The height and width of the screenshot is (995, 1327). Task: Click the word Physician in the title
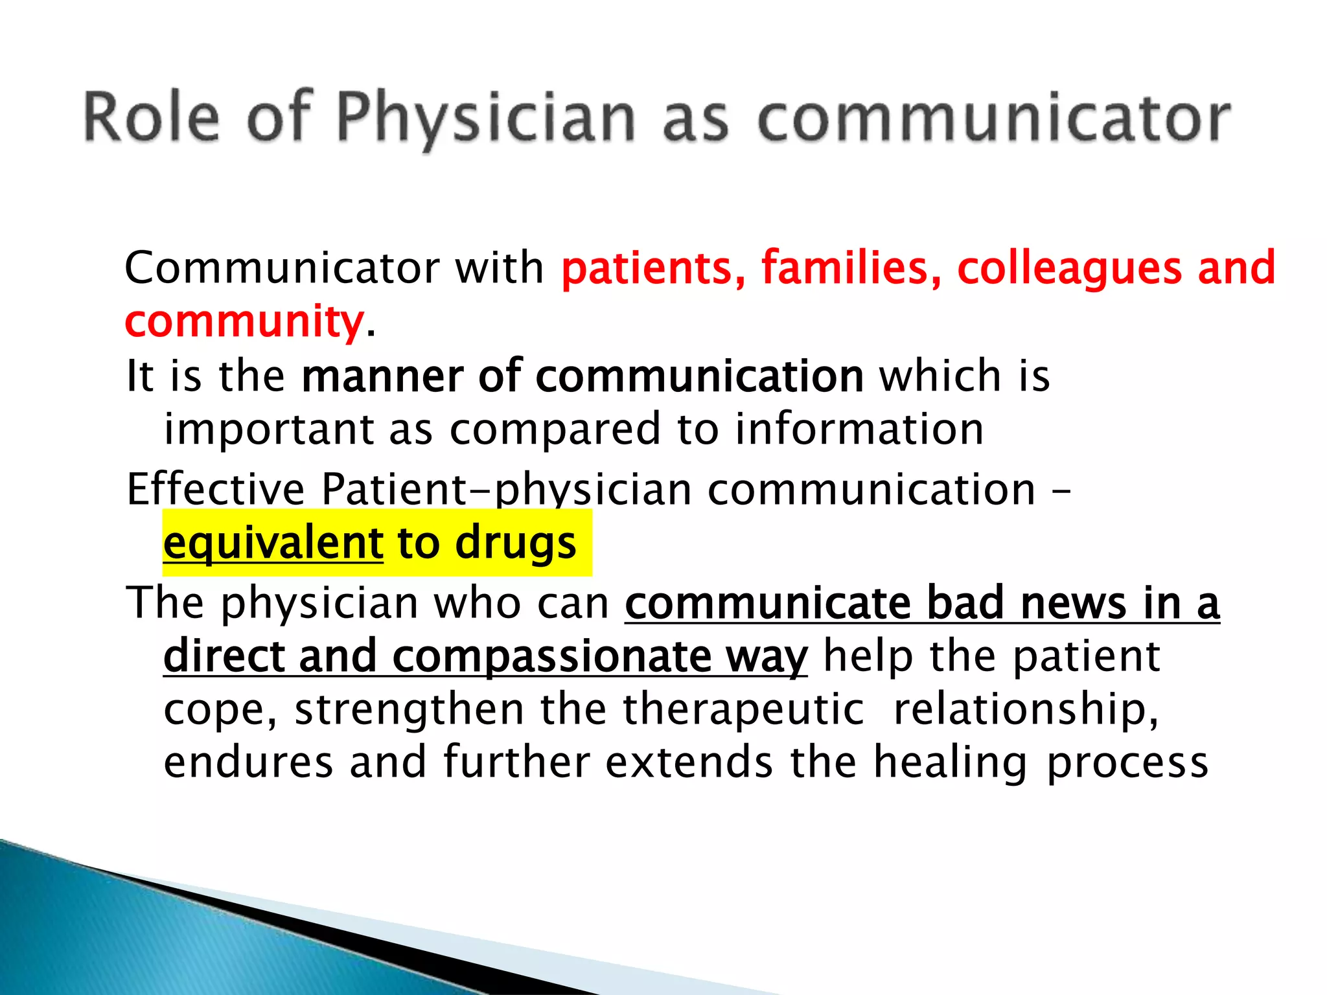coord(486,118)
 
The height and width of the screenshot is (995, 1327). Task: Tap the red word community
coord(244,322)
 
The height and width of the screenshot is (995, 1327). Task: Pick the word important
coord(269,430)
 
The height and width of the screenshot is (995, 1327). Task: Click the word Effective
coord(215,488)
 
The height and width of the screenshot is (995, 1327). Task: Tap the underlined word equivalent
coord(273,543)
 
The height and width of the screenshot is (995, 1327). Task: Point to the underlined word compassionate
coord(551,657)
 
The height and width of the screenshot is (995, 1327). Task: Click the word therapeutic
coord(744,709)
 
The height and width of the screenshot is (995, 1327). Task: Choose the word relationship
coord(1026,710)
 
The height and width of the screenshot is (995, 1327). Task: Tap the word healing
coord(950,762)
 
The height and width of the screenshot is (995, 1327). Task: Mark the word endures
coord(249,762)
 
